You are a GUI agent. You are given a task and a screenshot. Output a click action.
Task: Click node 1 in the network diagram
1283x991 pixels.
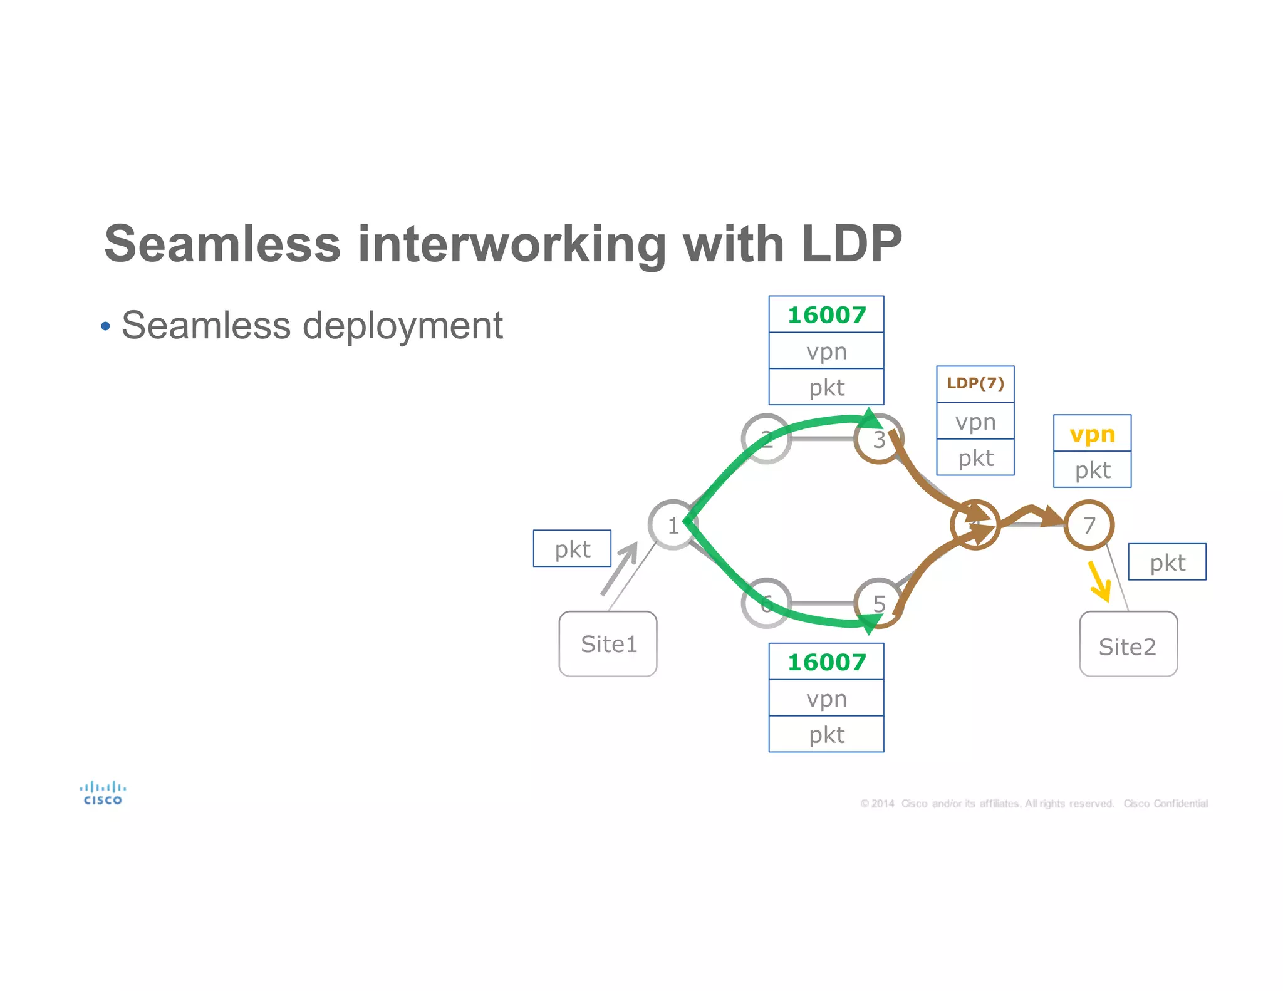point(672,525)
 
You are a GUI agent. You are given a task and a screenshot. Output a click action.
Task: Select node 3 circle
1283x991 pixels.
point(879,439)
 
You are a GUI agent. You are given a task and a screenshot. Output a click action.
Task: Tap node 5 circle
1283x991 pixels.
point(879,603)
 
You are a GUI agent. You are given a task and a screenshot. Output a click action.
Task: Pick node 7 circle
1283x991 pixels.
point(1089,525)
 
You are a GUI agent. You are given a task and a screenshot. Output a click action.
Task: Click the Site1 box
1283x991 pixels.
point(608,643)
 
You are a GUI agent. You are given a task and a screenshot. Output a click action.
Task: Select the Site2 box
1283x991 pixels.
point(1128,645)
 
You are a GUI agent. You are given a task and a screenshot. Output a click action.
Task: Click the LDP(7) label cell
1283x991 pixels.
point(975,383)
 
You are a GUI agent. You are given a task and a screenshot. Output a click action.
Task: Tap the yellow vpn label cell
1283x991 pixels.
point(1092,433)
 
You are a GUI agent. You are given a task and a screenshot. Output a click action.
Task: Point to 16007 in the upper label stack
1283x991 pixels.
point(826,314)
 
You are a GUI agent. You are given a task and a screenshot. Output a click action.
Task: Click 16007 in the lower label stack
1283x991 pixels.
point(826,662)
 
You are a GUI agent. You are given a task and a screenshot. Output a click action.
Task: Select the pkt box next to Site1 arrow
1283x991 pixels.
point(572,549)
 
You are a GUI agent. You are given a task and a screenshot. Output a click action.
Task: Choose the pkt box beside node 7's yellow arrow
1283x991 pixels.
point(1166,562)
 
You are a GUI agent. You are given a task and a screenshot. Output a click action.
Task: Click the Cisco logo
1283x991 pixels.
point(103,793)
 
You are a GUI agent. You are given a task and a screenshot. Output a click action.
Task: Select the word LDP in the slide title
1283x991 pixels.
point(851,244)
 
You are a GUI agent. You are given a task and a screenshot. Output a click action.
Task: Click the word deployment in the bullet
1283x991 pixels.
point(402,326)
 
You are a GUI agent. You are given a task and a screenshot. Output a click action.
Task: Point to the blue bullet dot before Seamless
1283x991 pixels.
point(105,326)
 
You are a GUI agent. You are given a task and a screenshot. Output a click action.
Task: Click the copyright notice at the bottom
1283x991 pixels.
point(1034,804)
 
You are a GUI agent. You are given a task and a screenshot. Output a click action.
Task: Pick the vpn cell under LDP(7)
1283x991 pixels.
point(975,421)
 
